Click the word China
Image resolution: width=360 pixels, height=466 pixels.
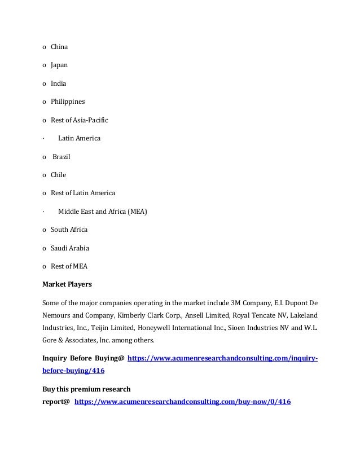tap(59, 47)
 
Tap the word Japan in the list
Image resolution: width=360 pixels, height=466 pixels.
tap(59, 65)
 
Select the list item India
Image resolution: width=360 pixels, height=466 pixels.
tap(58, 83)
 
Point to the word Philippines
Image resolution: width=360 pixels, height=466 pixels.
tap(68, 102)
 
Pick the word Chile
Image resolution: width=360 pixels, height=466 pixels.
tap(58, 175)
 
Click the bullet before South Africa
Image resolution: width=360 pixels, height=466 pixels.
tap(44, 230)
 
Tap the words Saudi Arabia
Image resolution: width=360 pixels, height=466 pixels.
tap(70, 248)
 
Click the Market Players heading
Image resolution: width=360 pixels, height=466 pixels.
tap(67, 284)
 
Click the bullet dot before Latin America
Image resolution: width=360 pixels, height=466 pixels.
tap(43, 138)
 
